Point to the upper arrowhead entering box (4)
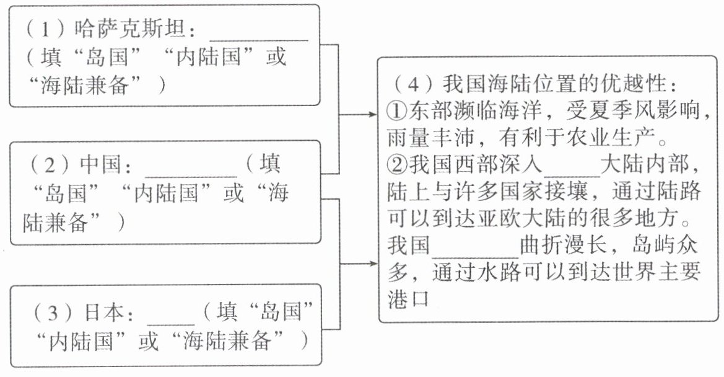tap(371, 115)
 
